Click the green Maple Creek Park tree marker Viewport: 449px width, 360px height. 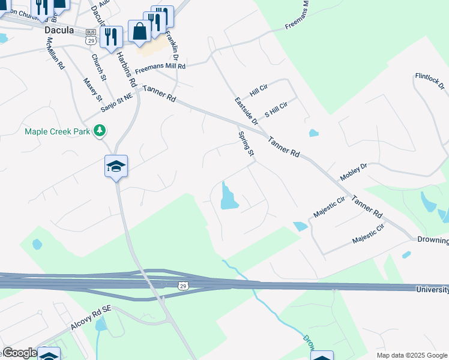[101, 130]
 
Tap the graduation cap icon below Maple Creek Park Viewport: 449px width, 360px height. [116, 166]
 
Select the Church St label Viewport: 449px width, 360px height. [98, 68]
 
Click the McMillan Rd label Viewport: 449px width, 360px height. [56, 55]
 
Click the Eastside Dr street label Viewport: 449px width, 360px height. [246, 110]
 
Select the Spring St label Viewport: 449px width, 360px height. [246, 144]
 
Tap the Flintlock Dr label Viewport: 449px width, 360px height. [429, 80]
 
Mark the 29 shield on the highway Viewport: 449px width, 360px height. [182, 286]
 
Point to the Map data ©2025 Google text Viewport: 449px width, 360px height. [411, 355]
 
